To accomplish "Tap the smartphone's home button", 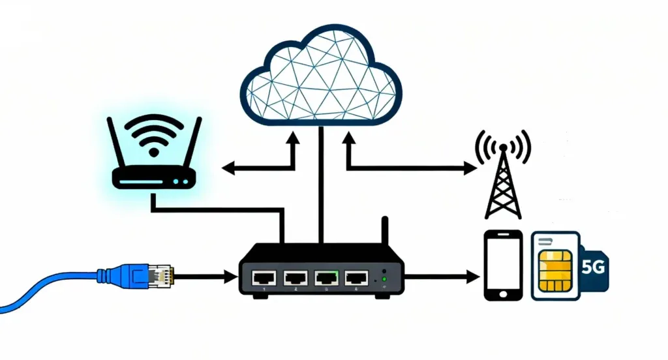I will (503, 293).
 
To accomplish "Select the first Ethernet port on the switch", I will (264, 278).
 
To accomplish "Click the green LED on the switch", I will (384, 280).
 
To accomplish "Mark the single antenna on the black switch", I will (386, 230).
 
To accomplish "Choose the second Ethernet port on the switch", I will (294, 278).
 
